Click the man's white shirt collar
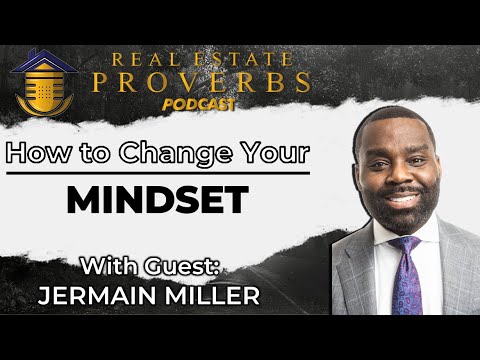(x=386, y=240)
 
